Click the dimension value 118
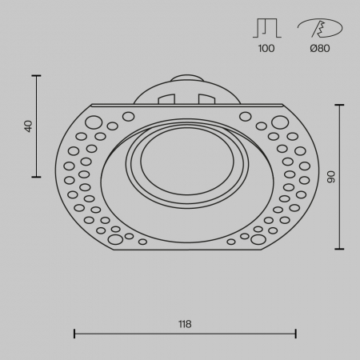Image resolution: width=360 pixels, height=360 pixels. (185, 324)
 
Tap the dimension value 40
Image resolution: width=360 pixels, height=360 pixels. (29, 126)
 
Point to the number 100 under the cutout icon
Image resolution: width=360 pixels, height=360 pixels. (266, 49)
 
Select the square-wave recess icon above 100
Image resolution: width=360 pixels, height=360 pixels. (266, 30)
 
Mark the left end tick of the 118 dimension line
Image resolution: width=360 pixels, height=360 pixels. (74, 333)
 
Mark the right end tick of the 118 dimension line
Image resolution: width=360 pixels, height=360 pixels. (296, 333)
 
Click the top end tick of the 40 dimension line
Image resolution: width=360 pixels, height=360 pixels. (36, 75)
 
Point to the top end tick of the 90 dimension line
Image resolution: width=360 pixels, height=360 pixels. (341, 104)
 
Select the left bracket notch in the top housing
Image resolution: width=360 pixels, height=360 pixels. (166, 99)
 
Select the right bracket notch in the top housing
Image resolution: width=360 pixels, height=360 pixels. (206, 99)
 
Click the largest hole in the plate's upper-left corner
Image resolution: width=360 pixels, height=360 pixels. (94, 122)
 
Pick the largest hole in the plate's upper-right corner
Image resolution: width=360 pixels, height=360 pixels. (279, 122)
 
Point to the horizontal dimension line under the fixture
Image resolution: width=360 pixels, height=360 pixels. (185, 333)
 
